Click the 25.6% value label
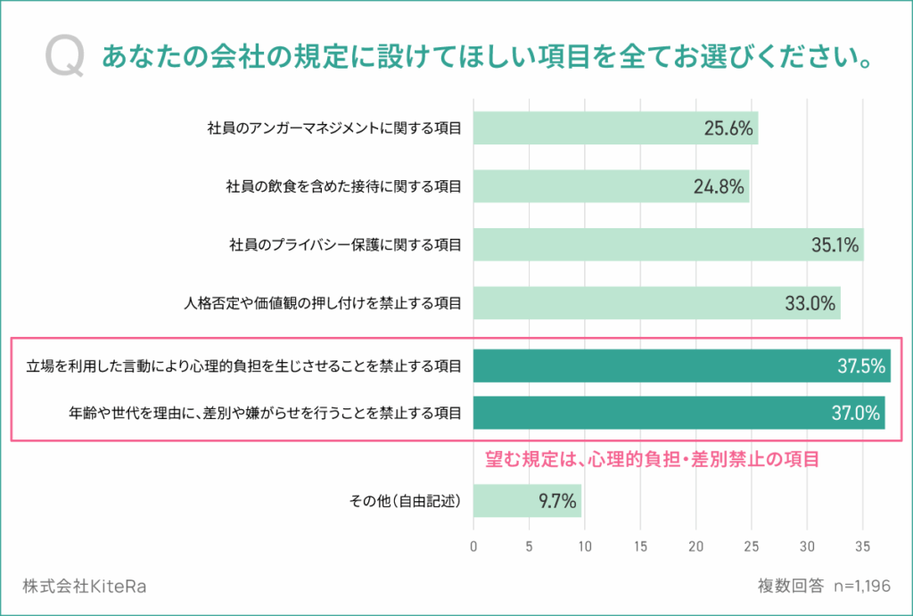[x=728, y=128]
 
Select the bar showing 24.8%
[x=611, y=186]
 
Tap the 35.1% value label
[x=835, y=245]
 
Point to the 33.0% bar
[x=657, y=303]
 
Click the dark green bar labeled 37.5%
[x=682, y=365]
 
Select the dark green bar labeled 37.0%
[x=679, y=413]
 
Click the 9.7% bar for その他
[x=527, y=501]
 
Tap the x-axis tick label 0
[x=473, y=546]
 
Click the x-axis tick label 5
[x=529, y=546]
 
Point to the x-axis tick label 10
[x=585, y=546]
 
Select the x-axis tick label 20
[x=695, y=546]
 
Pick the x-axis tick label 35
[x=862, y=546]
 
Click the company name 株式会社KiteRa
[x=85, y=586]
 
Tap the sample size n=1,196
[x=862, y=586]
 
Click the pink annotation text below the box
[x=652, y=459]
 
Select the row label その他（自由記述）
[x=406, y=501]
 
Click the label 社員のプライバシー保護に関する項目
[x=345, y=245]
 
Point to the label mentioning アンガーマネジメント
[x=334, y=128]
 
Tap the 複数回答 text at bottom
[x=791, y=586]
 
